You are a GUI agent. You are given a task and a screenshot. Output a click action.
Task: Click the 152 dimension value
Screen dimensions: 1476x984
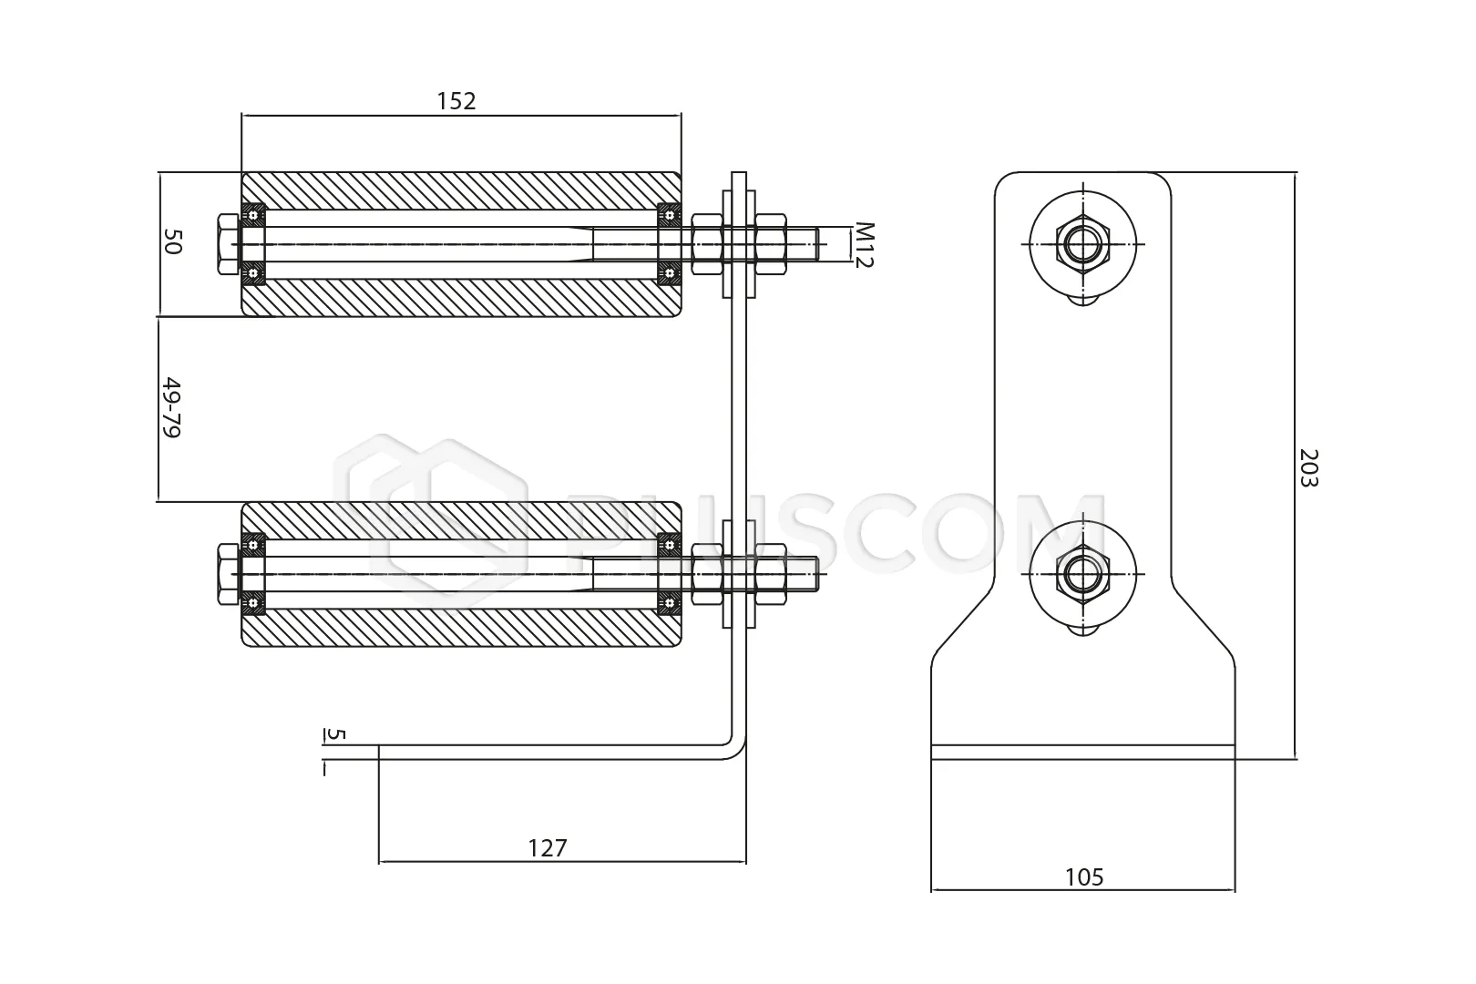(456, 101)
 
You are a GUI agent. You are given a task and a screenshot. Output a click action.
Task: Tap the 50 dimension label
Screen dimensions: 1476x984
(172, 241)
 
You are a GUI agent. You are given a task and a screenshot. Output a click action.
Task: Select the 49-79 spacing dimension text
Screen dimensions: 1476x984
(171, 407)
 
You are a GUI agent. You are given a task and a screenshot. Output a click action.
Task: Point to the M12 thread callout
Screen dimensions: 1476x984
(863, 244)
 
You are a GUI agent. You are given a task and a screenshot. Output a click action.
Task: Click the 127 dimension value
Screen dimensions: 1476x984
(547, 847)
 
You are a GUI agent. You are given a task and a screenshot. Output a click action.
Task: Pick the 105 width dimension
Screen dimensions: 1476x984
(1084, 876)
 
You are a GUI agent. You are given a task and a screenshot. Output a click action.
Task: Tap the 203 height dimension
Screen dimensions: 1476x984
(1308, 467)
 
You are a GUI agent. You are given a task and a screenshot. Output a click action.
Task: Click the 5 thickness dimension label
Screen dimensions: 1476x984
(335, 733)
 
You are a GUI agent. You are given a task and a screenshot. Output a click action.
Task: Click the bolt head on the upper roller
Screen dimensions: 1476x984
(228, 244)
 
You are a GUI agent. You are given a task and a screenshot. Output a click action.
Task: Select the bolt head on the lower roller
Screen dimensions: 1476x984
(228, 574)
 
